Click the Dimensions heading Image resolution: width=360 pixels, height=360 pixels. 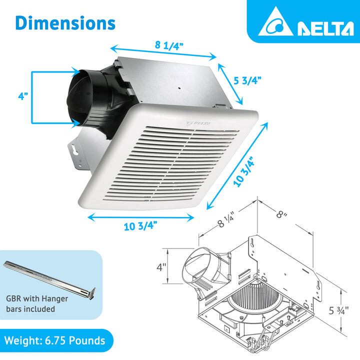65,22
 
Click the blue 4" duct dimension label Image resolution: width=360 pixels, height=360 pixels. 22,96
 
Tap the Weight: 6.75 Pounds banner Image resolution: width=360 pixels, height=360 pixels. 55,341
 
